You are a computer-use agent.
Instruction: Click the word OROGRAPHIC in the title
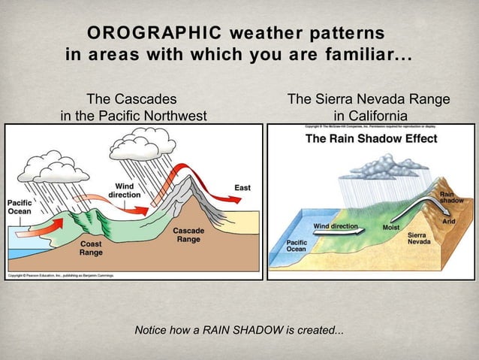[x=154, y=33]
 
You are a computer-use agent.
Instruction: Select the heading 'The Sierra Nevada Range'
[x=369, y=99]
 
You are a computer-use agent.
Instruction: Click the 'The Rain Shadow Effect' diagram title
[x=360, y=139]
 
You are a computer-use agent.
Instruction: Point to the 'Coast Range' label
[x=91, y=248]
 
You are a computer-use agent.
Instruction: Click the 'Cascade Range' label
[x=188, y=234]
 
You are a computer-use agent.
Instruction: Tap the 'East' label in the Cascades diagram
[x=243, y=187]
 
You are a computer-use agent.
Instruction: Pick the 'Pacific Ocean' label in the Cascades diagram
[x=20, y=207]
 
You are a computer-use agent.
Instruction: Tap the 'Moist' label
[x=390, y=227]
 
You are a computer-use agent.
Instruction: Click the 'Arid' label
[x=448, y=222]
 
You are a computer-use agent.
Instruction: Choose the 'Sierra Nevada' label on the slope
[x=418, y=239]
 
